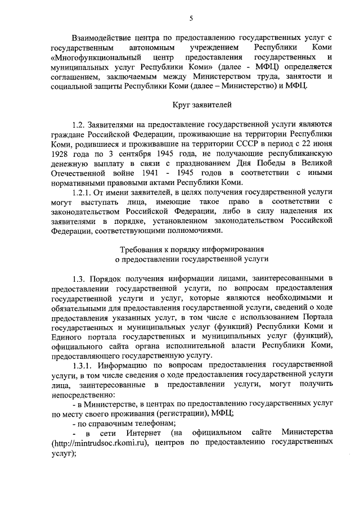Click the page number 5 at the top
[191, 18]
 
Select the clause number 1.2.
[79, 124]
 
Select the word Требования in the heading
[143, 249]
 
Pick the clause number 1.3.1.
[83, 365]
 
